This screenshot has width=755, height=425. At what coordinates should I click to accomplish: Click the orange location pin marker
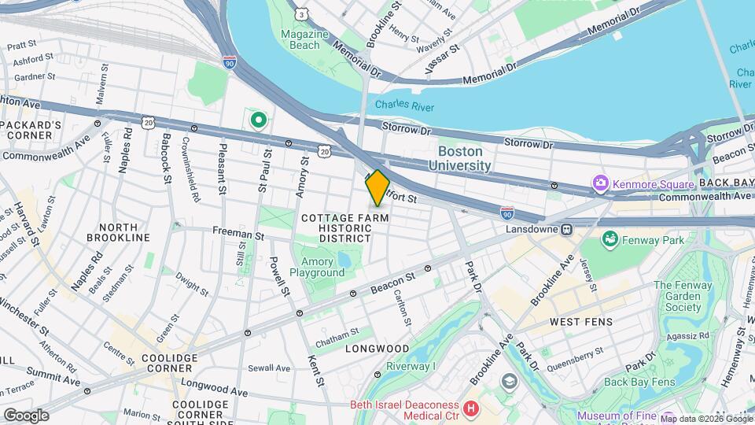coord(377,187)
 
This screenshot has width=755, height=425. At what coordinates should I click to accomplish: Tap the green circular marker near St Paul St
coord(258,120)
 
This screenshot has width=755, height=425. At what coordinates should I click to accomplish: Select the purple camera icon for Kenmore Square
coord(602,183)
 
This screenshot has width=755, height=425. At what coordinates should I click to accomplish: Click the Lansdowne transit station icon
coord(567,229)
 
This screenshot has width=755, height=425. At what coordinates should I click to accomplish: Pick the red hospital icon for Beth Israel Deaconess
coord(471,408)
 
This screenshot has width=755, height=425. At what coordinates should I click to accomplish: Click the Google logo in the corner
coord(25,415)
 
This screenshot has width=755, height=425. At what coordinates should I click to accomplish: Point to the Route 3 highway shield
coord(301,14)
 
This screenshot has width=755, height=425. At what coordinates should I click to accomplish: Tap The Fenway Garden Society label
coord(676,296)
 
